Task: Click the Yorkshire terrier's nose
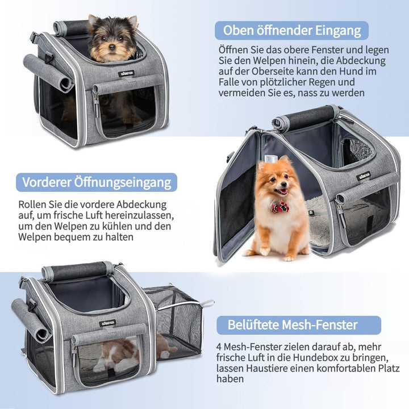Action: [x=112, y=47]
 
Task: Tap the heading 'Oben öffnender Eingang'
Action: [x=292, y=30]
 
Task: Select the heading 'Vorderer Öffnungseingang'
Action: [x=97, y=182]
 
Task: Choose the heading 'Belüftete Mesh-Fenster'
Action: [x=293, y=325]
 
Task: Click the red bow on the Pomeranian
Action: [x=280, y=207]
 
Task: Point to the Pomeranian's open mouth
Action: [x=282, y=192]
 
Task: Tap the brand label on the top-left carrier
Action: [x=126, y=73]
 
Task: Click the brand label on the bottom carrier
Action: [x=107, y=323]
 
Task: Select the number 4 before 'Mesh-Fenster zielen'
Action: [x=219, y=347]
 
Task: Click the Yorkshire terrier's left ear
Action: [x=93, y=21]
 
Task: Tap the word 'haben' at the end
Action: [x=230, y=379]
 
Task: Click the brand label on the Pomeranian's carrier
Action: [x=364, y=176]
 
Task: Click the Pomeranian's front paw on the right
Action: [x=289, y=258]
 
